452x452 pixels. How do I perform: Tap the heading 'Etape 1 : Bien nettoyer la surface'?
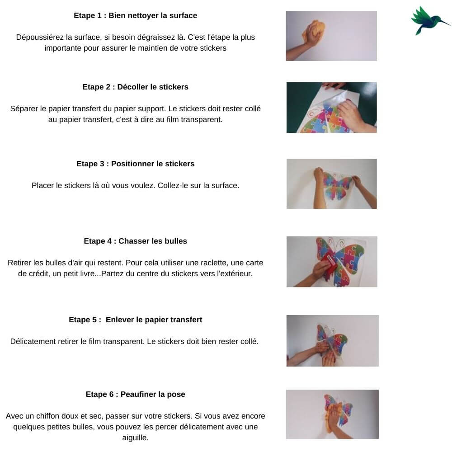(x=136, y=15)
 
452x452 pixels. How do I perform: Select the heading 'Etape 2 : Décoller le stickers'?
(x=136, y=87)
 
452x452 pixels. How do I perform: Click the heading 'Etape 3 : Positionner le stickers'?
(x=136, y=164)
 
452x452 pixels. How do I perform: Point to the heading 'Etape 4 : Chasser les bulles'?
(x=136, y=241)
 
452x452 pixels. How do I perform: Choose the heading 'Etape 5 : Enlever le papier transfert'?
(x=136, y=320)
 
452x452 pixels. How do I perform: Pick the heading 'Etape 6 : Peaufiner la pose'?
(x=136, y=394)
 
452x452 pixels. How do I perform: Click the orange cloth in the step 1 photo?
(x=314, y=31)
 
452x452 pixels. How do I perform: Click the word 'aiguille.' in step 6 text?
(x=136, y=438)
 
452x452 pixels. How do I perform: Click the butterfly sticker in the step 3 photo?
(x=336, y=185)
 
